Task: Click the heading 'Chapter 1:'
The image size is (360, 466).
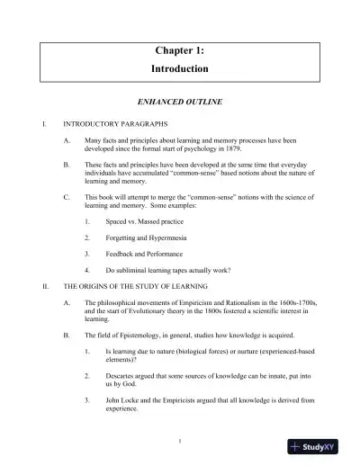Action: click(180, 51)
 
